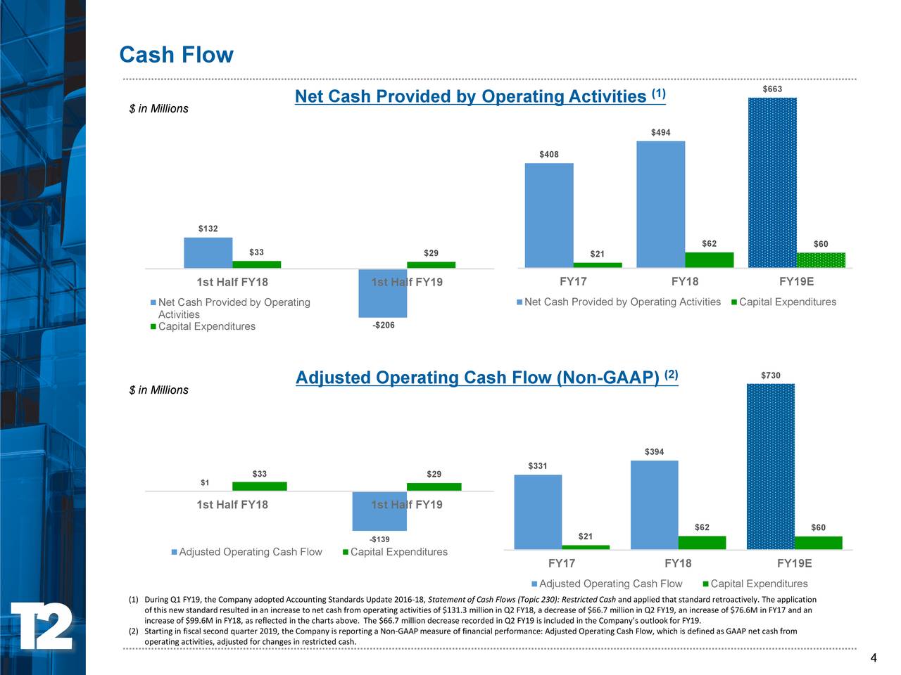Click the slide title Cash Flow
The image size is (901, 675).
(x=176, y=55)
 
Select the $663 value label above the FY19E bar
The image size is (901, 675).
(x=772, y=89)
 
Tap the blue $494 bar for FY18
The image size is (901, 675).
(x=660, y=204)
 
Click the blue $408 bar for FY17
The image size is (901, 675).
(x=549, y=215)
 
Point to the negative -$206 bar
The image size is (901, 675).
(x=382, y=293)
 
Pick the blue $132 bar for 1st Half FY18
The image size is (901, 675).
(x=208, y=252)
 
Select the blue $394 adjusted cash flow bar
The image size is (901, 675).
(x=654, y=504)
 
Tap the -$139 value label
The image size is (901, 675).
(x=379, y=539)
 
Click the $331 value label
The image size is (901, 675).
(x=537, y=466)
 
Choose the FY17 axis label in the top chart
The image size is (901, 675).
(x=573, y=281)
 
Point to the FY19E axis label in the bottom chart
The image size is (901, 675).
(x=794, y=563)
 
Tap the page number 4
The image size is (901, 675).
(x=873, y=658)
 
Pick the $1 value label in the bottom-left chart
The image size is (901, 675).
(x=205, y=482)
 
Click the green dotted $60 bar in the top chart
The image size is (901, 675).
(x=821, y=260)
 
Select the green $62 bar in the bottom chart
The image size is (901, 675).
(x=702, y=542)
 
